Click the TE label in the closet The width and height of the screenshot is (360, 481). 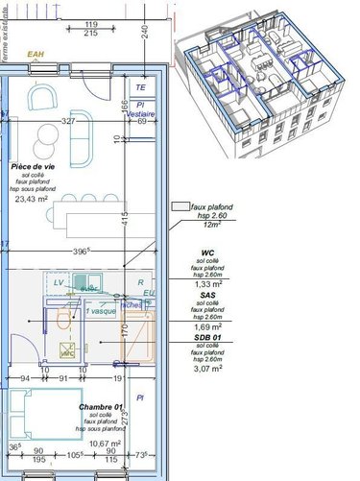point(140,86)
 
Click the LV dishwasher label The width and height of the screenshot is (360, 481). point(59,283)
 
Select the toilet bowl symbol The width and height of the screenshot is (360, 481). point(64,322)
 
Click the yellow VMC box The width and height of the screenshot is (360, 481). point(67,351)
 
